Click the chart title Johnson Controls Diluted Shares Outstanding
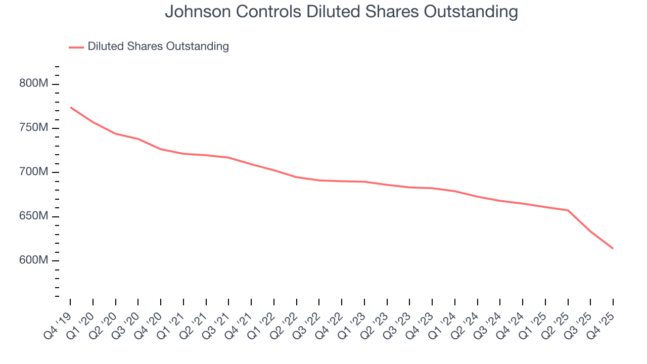pos(341,12)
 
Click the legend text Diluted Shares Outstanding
pos(158,47)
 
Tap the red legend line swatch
pos(76,47)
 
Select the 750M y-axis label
pos(34,128)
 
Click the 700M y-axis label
pos(34,172)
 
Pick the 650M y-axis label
pos(34,216)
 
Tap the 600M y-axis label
pos(34,260)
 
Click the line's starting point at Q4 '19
pos(70,107)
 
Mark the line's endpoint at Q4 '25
pos(613,248)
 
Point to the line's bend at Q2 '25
pos(568,210)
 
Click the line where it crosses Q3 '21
pos(228,158)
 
